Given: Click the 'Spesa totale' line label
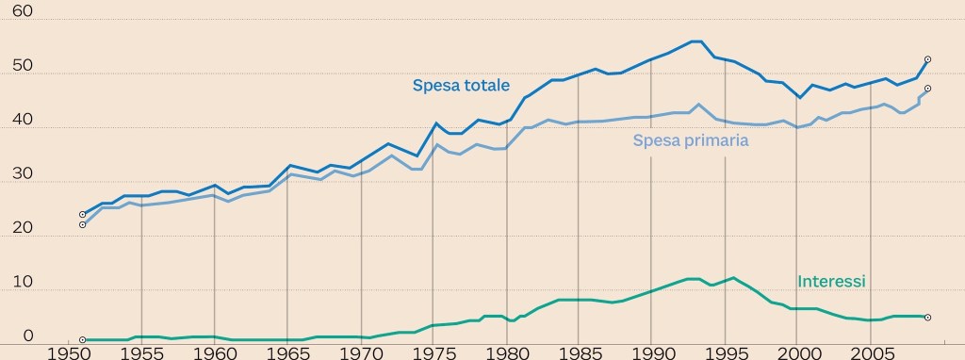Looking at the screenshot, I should [x=461, y=85].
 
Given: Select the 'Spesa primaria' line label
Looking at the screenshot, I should [x=691, y=140].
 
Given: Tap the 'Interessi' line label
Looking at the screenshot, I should [x=831, y=281].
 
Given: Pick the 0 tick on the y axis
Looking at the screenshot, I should [x=27, y=335].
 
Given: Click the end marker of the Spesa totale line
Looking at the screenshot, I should [x=927, y=59].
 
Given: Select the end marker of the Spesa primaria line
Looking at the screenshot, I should [x=927, y=90].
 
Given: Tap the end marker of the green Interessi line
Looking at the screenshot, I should [x=927, y=318].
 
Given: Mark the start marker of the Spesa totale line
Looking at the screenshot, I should [x=83, y=215].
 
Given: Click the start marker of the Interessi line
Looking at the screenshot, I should [x=83, y=339].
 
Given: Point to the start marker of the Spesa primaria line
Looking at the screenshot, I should [x=83, y=225].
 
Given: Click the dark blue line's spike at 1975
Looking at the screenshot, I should [x=435, y=123].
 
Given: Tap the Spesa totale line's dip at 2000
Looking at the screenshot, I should [x=799, y=98].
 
